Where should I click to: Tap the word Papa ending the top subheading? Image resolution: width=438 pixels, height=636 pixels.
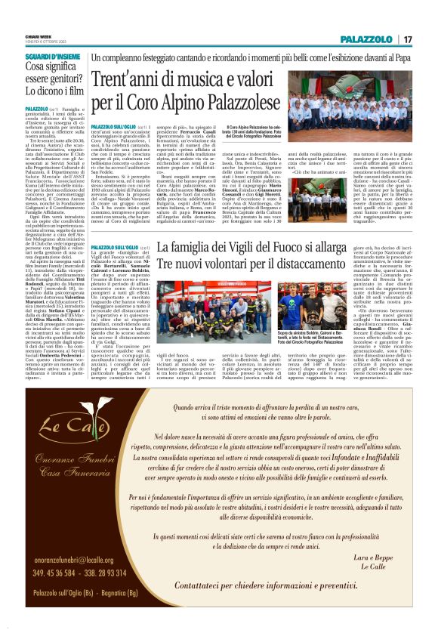(x=404, y=57)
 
